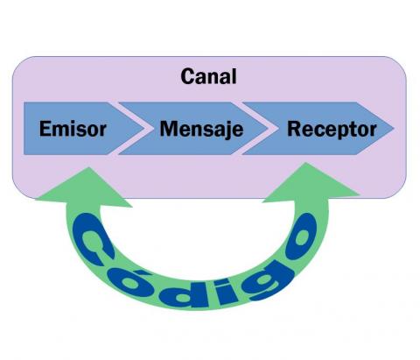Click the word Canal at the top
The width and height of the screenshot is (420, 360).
208,76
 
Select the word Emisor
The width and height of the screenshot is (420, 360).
73,130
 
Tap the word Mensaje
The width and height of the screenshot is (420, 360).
200,130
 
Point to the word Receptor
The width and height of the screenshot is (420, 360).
332,130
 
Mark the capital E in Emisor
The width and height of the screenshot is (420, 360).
46,130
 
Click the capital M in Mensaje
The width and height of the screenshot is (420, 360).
168,130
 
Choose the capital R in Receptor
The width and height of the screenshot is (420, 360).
294,130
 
